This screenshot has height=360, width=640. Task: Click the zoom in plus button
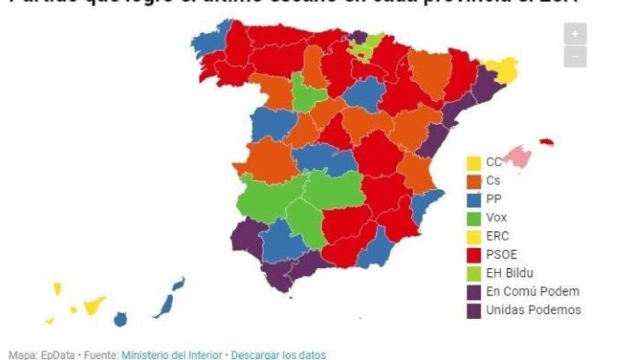[575, 34]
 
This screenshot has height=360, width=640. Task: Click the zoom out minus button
[575, 56]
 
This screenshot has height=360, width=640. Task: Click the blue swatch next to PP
[474, 199]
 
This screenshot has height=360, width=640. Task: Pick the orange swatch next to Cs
[474, 181]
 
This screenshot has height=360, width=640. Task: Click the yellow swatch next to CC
[474, 162]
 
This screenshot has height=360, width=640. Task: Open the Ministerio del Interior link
[172, 355]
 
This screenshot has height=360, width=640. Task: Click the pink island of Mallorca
[517, 155]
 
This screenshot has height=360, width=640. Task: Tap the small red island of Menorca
[547, 142]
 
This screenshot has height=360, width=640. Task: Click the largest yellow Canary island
[94, 306]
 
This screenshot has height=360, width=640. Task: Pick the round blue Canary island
[120, 319]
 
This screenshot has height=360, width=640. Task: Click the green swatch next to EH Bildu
[474, 272]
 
